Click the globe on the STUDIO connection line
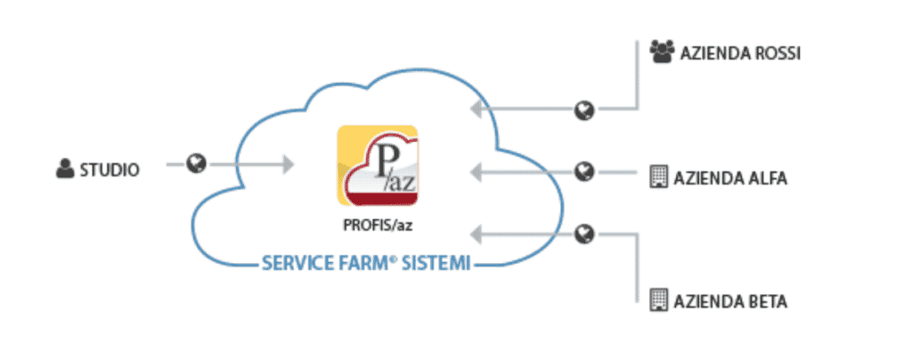click(197, 163)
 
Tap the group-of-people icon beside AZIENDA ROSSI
click(662, 53)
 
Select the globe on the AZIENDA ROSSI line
click(584, 110)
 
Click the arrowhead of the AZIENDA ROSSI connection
click(476, 110)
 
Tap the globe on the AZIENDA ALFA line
click(584, 170)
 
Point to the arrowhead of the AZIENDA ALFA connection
click(476, 170)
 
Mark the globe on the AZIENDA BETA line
click(584, 234)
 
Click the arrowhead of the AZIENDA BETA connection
click(476, 234)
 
